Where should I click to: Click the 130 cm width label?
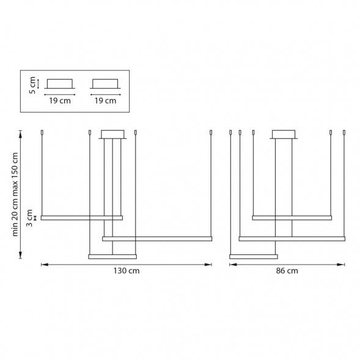(127, 271)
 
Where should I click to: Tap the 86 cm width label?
(287, 271)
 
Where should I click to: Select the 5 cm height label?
(32, 85)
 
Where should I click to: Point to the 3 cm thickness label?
(29, 218)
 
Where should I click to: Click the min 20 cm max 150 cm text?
(15, 194)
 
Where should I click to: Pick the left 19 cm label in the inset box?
(60, 101)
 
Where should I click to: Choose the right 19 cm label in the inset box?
(105, 101)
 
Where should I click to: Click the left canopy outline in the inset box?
(60, 89)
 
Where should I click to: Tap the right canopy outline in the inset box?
(105, 89)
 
